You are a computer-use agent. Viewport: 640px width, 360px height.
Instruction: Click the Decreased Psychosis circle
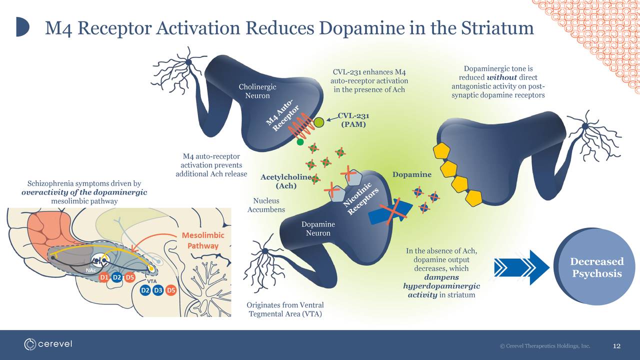(x=596, y=267)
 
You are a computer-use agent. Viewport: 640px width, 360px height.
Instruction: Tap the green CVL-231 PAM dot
(x=319, y=121)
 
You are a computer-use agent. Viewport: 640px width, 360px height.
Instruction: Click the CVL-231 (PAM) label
(x=353, y=120)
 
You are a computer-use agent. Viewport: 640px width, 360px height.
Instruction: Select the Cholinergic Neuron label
(x=257, y=91)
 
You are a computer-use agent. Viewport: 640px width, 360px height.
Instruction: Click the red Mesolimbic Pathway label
(x=202, y=240)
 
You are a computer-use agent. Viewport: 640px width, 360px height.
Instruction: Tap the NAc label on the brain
(x=90, y=270)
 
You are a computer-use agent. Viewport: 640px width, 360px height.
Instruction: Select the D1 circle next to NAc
(x=104, y=276)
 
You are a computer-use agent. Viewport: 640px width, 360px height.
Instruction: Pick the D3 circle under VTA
(x=158, y=290)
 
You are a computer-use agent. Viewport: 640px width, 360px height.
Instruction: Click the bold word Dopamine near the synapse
(x=411, y=174)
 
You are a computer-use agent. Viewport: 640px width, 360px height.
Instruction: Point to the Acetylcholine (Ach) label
(x=286, y=181)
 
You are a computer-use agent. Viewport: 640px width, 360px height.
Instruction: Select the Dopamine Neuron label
(x=318, y=229)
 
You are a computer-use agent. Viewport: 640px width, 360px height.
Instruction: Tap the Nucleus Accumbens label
(x=266, y=205)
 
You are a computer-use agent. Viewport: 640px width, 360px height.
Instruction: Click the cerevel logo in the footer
(x=48, y=344)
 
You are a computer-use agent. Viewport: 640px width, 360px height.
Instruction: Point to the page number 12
(x=616, y=346)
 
